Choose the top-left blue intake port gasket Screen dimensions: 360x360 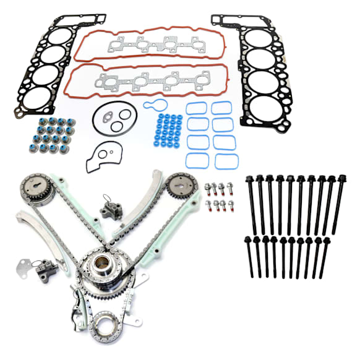(x=196, y=108)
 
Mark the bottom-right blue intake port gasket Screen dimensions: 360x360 (x=226, y=162)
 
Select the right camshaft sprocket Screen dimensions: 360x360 (x=180, y=187)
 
